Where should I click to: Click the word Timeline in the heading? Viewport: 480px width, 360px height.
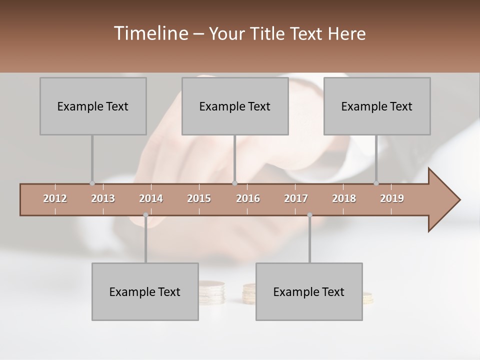[x=150, y=33]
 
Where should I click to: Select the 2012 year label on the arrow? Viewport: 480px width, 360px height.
[x=55, y=198]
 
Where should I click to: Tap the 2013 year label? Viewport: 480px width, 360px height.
[x=103, y=198]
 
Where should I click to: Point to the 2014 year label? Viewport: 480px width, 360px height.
[x=151, y=198]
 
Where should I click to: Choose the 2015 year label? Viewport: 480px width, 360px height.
[x=199, y=198]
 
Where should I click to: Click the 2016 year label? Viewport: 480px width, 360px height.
[x=248, y=198]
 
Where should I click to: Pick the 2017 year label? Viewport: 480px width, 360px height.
[x=296, y=198]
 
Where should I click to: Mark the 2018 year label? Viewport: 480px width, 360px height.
[x=344, y=198]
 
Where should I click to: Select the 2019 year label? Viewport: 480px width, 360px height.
[x=392, y=198]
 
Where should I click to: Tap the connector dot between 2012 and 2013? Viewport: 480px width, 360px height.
[x=92, y=183]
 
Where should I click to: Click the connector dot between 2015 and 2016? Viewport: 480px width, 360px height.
[x=235, y=183]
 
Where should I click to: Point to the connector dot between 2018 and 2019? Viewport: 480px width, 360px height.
[x=376, y=183]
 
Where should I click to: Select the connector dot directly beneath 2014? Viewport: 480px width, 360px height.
[x=145, y=215]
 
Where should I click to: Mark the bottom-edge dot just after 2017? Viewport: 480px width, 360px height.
[x=309, y=215]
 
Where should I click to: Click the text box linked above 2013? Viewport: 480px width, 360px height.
[x=93, y=106]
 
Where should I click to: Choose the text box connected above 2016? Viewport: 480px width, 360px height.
[x=235, y=106]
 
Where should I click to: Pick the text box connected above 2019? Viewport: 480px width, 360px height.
[x=377, y=106]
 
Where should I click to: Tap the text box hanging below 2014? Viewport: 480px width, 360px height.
[x=145, y=291]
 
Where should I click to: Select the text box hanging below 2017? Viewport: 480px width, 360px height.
[x=309, y=291]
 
